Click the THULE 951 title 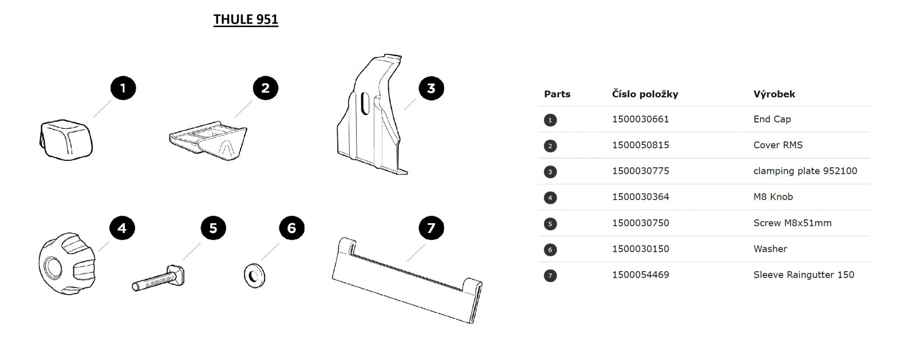pos(246,19)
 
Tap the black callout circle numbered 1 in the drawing pos(123,88)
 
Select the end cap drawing pos(66,140)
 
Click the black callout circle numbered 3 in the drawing pos(431,88)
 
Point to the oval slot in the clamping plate pos(365,104)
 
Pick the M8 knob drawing pos(68,264)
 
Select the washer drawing pos(254,276)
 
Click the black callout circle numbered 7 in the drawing pos(431,228)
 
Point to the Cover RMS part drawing pos(208,140)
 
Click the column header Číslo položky pos(645,94)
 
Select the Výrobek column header pos(774,94)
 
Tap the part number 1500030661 pos(641,119)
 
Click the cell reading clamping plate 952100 pos(805,171)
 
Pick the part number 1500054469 pos(641,275)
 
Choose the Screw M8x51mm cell pos(792,223)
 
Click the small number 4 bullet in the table pos(550,198)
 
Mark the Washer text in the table pos(770,249)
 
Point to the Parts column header pos(557,94)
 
